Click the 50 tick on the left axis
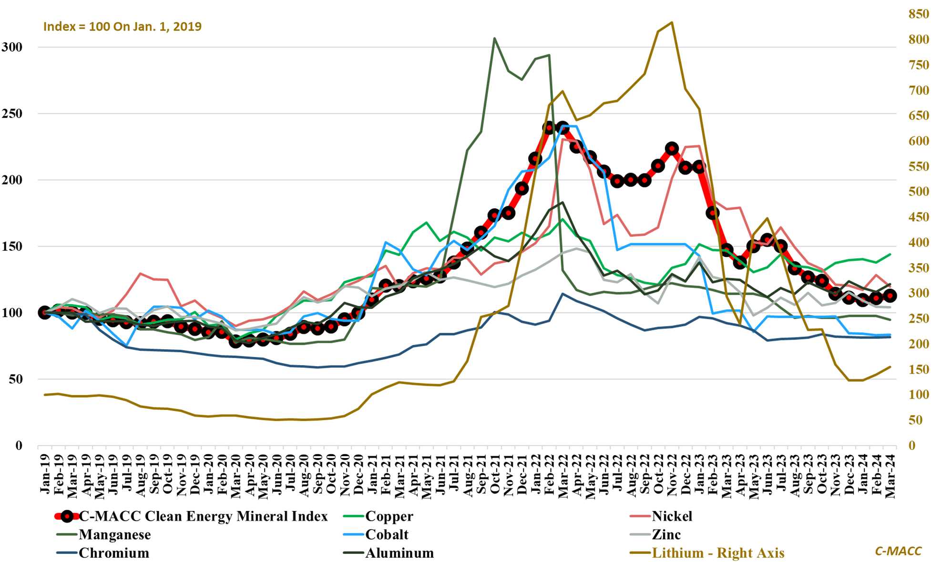click(17, 379)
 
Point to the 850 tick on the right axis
click(919, 14)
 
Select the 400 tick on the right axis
click(919, 243)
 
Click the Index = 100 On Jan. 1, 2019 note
click(123, 26)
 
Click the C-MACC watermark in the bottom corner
click(898, 551)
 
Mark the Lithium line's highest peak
click(672, 22)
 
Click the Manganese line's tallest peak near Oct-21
click(494, 38)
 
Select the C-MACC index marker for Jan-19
click(45, 313)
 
